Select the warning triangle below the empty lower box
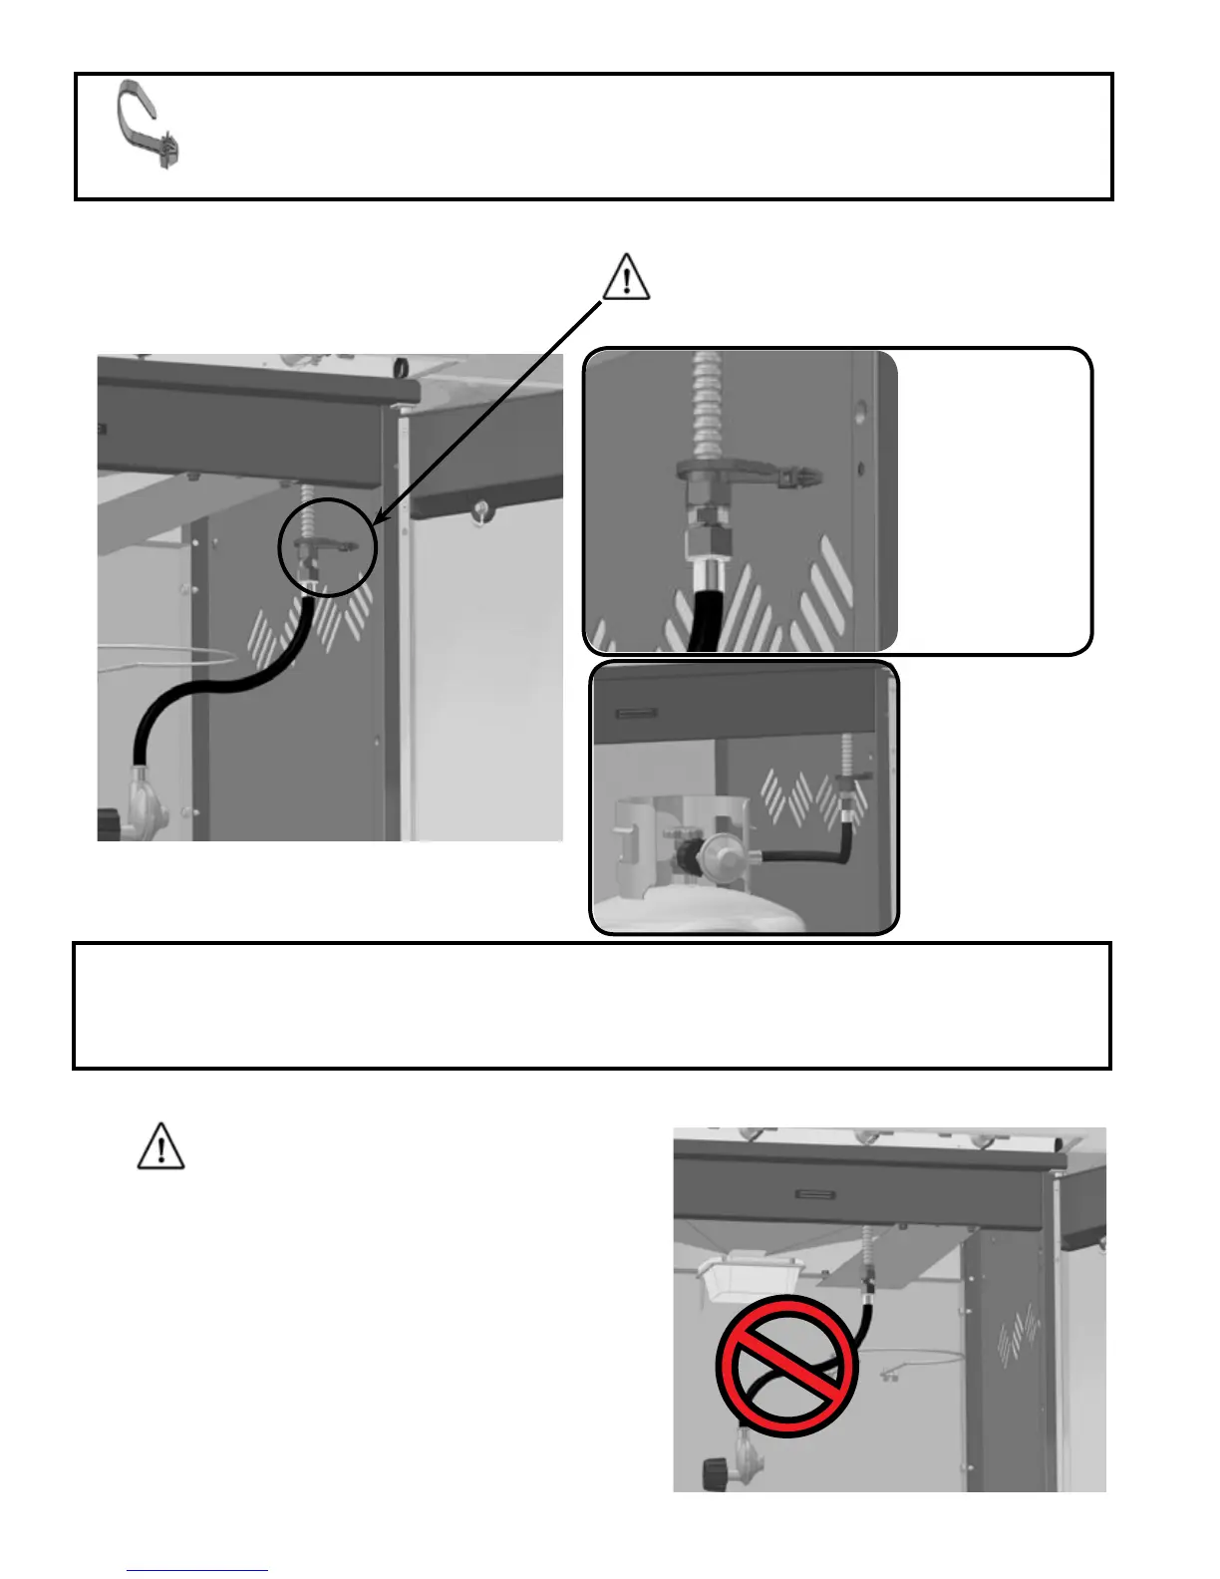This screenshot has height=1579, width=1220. [160, 1146]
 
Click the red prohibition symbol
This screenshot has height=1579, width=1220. [787, 1365]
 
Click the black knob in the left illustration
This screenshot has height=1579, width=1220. [109, 824]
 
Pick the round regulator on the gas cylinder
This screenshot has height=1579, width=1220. [719, 856]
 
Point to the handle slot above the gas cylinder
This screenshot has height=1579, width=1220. [636, 714]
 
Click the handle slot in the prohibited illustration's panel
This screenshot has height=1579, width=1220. [817, 1193]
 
